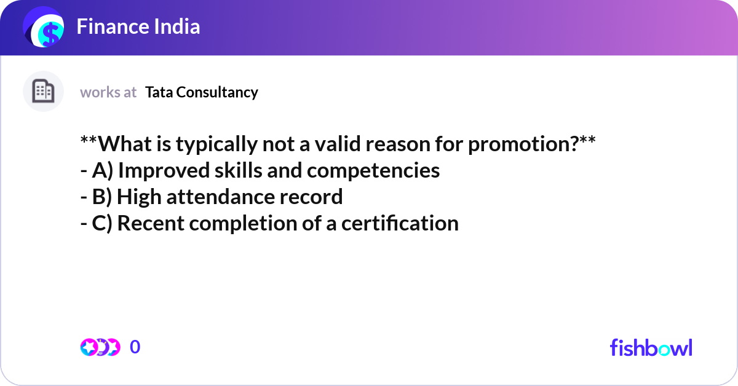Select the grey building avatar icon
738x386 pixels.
coord(43,92)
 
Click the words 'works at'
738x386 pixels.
coord(108,92)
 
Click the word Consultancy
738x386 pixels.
coord(218,92)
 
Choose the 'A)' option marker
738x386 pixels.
coord(103,170)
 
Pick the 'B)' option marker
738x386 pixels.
coord(102,197)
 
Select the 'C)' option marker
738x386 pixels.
coord(102,223)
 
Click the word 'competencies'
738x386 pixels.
coord(373,170)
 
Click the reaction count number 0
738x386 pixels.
coord(135,347)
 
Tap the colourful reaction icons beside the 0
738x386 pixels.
coord(100,347)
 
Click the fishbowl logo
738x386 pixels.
coord(651,347)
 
